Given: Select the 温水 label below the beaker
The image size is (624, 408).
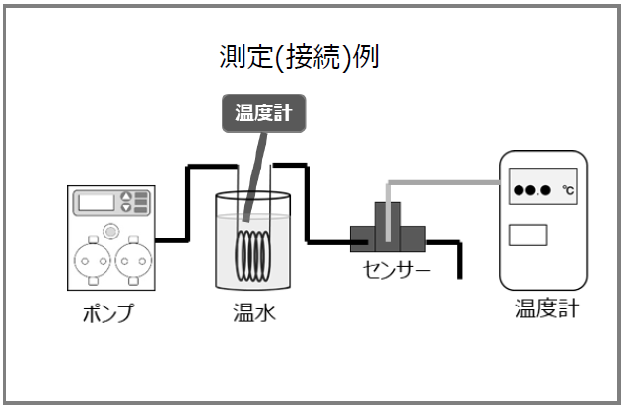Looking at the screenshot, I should pyautogui.click(x=252, y=315).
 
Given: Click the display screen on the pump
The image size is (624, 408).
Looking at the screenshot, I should pyautogui.click(x=99, y=202).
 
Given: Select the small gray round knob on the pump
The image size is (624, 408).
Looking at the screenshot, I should pyautogui.click(x=111, y=231).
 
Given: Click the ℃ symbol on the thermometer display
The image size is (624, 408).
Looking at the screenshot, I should pyautogui.click(x=568, y=189).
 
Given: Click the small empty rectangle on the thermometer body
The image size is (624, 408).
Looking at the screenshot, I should pyautogui.click(x=527, y=236).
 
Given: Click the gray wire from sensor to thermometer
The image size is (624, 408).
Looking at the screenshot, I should pyautogui.click(x=444, y=181).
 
